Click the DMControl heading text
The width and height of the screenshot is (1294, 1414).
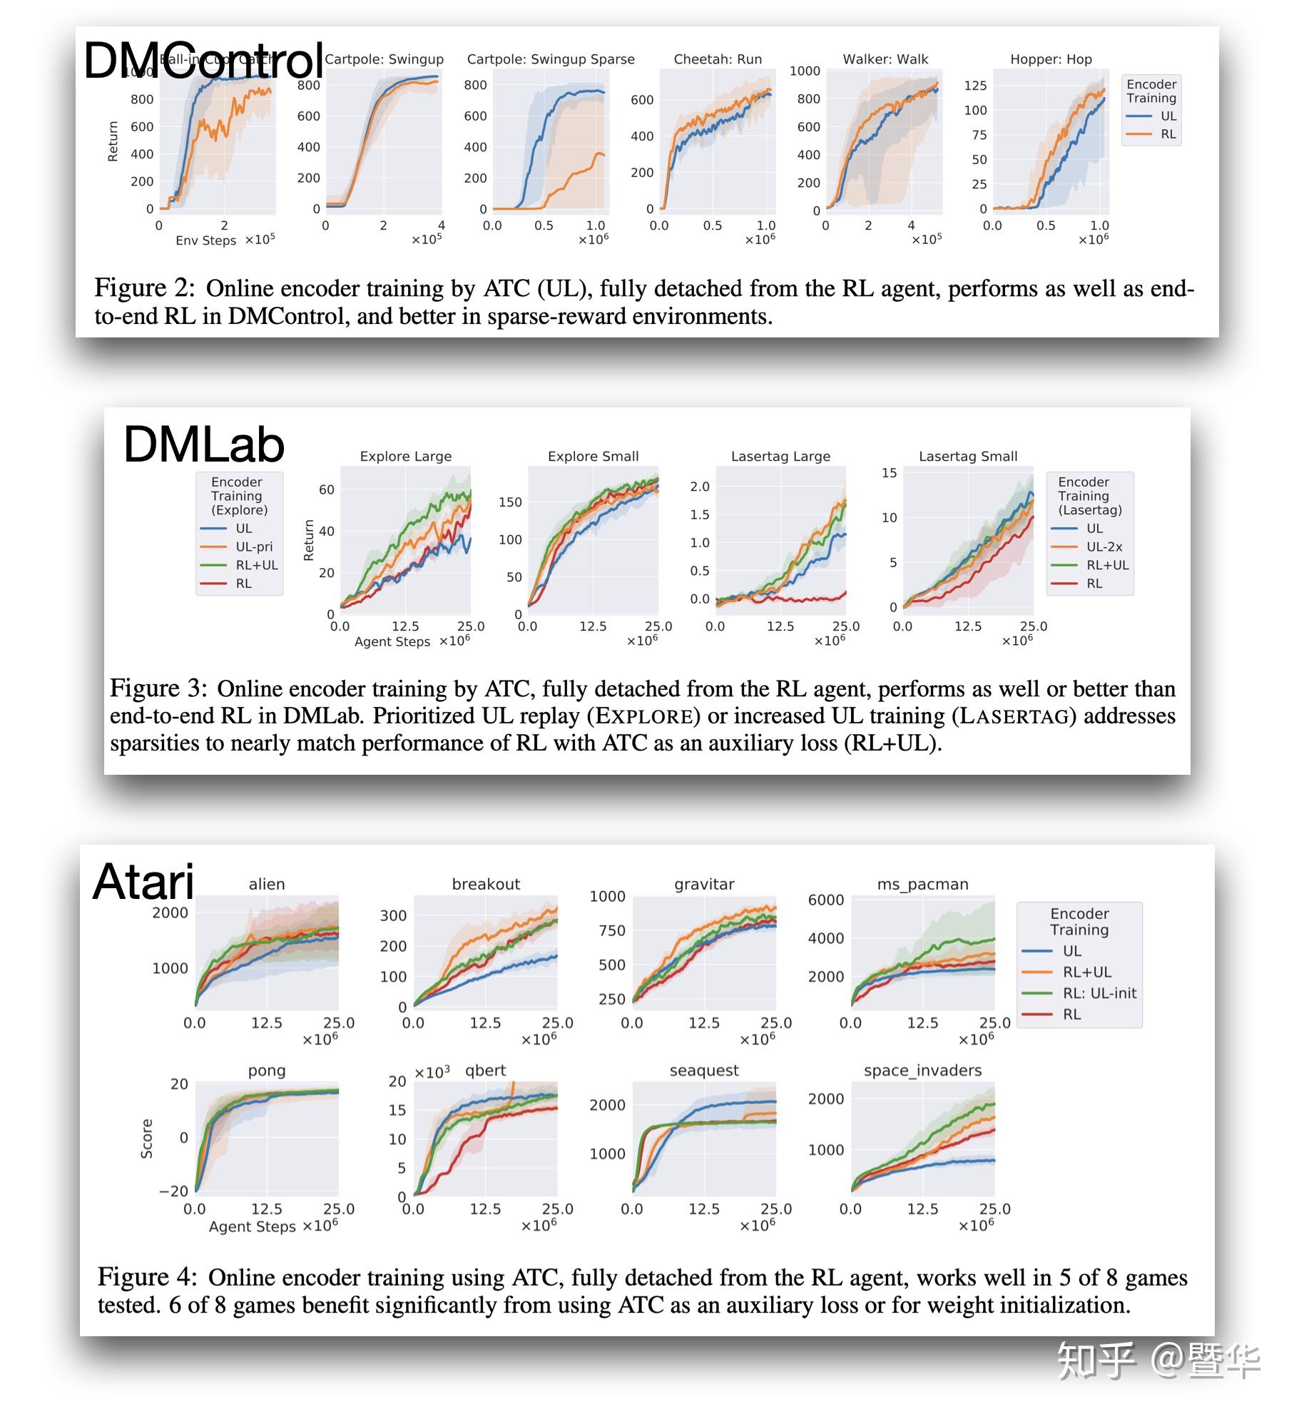tap(203, 61)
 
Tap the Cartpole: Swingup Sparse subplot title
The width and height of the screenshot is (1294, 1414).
tap(551, 59)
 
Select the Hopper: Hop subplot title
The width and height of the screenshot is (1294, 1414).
tap(1051, 59)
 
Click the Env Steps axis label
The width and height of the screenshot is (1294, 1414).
tap(205, 240)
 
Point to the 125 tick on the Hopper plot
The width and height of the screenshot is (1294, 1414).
tap(975, 86)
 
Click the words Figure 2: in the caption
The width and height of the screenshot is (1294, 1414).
tap(144, 288)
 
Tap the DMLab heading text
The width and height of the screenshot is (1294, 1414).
tap(204, 444)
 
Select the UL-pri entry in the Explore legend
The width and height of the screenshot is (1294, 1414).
tap(254, 546)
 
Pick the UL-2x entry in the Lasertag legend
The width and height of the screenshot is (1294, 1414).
tap(1104, 546)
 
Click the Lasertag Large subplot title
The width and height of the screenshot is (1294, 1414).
tap(780, 456)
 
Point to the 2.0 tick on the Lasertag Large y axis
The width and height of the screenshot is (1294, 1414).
tap(700, 487)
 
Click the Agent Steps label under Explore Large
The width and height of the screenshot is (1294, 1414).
tap(392, 641)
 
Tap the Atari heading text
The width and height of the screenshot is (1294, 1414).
tap(143, 882)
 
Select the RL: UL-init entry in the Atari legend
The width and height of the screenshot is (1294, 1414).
tap(1099, 993)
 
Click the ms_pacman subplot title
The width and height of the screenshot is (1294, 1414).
tap(922, 884)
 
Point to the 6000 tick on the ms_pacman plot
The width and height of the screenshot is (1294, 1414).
tap(825, 900)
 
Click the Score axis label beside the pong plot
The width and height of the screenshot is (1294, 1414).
tap(147, 1138)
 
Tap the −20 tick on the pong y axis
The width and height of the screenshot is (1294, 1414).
tap(173, 1191)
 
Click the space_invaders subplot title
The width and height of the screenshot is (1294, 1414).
tap(922, 1070)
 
